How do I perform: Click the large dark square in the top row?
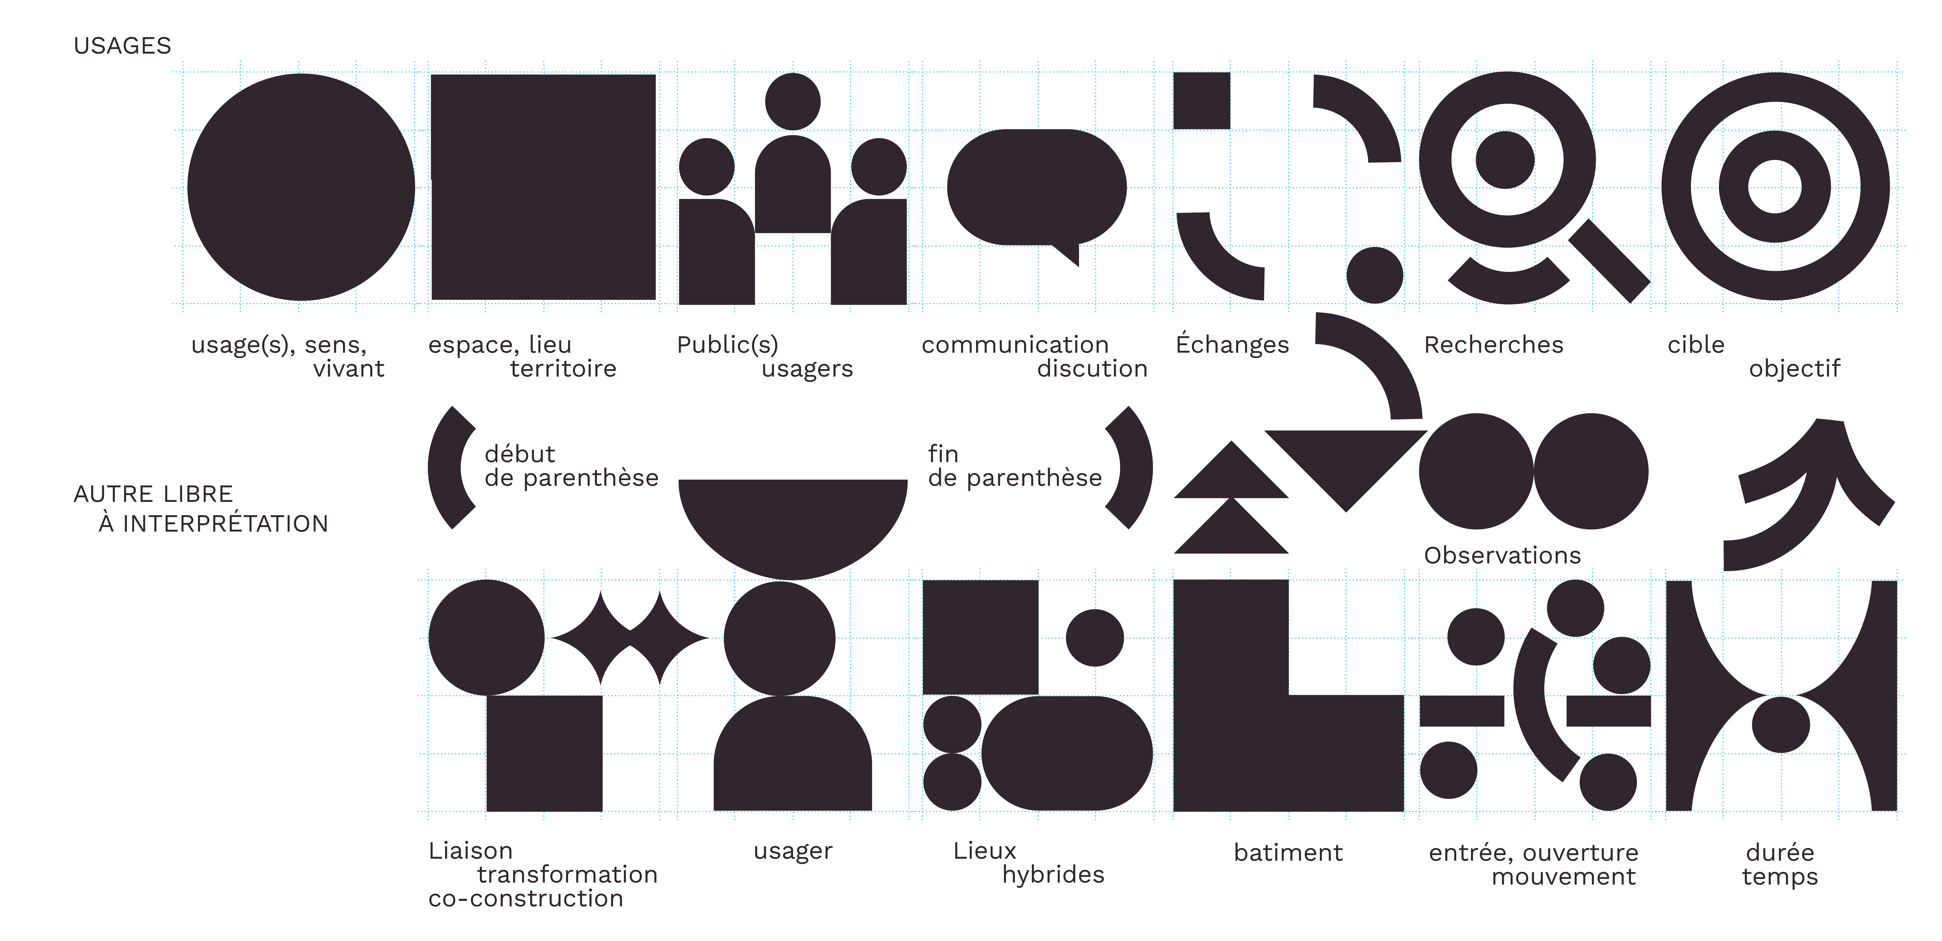(x=543, y=187)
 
